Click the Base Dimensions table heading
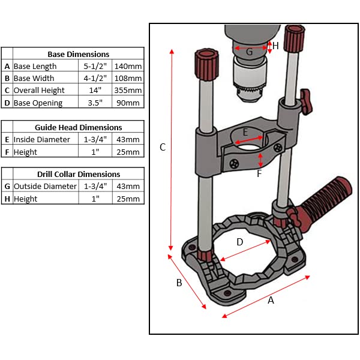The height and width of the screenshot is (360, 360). (x=78, y=54)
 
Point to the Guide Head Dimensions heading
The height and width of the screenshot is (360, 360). (x=78, y=127)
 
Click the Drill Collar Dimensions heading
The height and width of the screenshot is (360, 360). (x=78, y=174)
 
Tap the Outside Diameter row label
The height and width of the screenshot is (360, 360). (x=45, y=186)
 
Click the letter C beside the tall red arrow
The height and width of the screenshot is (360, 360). (x=162, y=147)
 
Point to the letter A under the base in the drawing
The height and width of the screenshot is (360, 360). (x=271, y=301)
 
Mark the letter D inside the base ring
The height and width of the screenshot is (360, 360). (x=239, y=242)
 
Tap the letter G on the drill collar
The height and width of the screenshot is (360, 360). (x=249, y=52)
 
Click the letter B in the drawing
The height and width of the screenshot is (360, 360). (x=179, y=283)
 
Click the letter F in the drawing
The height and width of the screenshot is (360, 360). (x=259, y=174)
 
